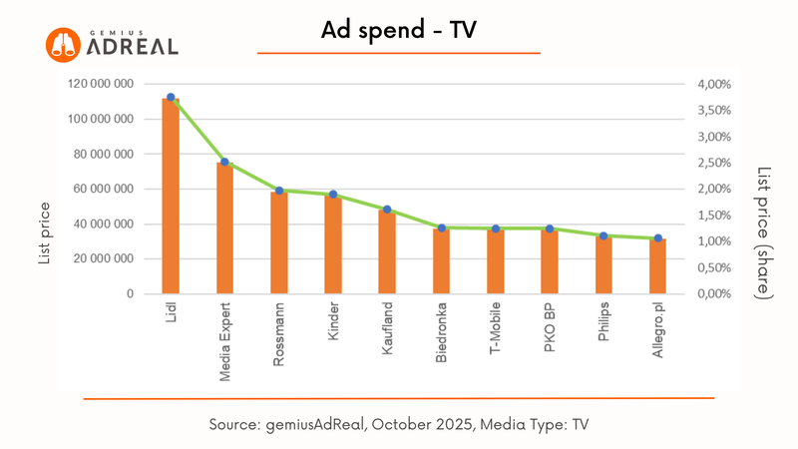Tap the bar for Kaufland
(387, 251)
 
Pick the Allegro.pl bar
(657, 265)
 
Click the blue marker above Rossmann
(279, 191)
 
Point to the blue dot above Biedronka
(441, 228)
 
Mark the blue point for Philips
(603, 235)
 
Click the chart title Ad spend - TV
(399, 30)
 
